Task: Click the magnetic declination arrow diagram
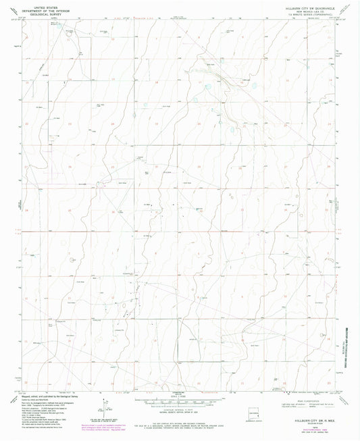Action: click(x=103, y=406)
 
